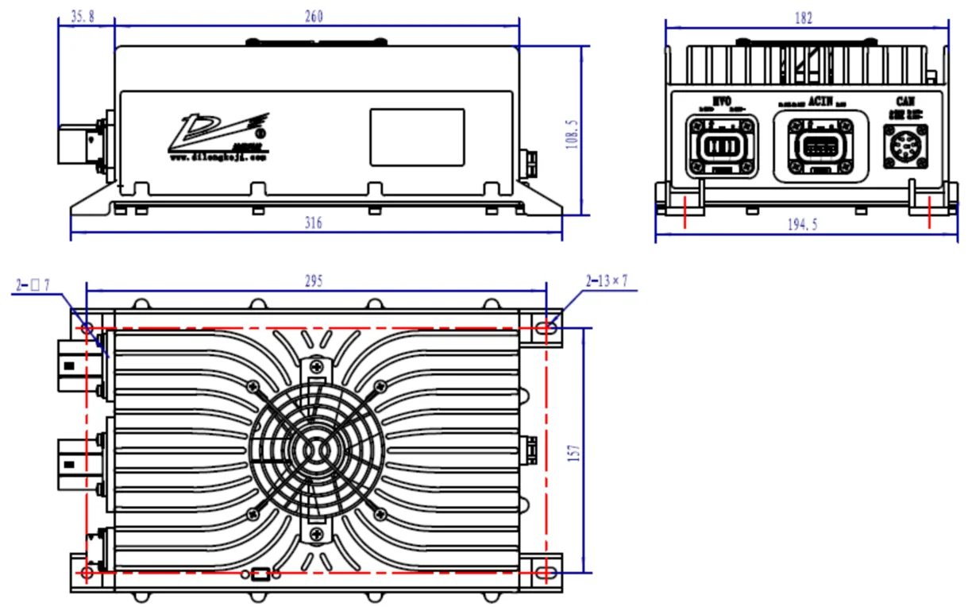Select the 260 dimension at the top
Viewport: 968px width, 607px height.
coord(314,17)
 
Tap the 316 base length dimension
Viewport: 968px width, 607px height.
coord(314,225)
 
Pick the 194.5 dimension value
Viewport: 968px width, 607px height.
coord(803,225)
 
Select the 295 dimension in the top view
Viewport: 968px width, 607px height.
coord(314,281)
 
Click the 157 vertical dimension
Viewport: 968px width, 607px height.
coord(577,450)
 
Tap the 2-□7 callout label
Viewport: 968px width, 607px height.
coord(34,284)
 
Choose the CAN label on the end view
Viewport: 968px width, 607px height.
coord(905,102)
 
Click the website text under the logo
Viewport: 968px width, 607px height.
coord(219,157)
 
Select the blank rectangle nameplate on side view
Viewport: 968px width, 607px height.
coord(417,137)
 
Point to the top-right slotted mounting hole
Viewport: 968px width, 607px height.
coord(546,327)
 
